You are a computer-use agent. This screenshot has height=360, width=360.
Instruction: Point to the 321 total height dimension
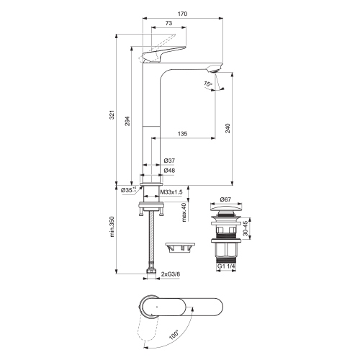click(113, 109)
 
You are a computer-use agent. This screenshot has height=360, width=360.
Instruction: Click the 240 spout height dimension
click(228, 127)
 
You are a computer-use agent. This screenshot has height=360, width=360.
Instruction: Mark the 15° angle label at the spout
click(208, 84)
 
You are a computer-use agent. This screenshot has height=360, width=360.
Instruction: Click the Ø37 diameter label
click(169, 160)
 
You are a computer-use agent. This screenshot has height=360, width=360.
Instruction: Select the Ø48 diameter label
click(169, 170)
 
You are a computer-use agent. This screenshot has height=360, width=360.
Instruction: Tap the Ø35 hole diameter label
click(127, 190)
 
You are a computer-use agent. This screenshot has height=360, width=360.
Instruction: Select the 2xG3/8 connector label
click(173, 274)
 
